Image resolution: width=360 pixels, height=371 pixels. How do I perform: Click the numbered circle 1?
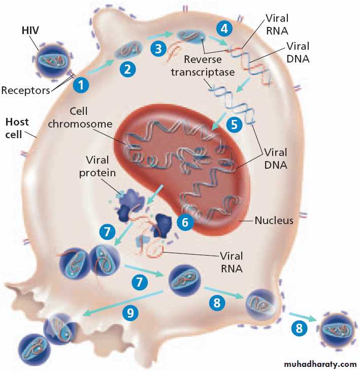(81, 84)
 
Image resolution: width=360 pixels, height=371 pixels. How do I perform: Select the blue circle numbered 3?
(159, 49)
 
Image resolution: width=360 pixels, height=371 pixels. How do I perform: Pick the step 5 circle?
(235, 125)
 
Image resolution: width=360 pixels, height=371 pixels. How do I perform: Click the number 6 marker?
(185, 222)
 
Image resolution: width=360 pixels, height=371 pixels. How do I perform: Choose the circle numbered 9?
(131, 313)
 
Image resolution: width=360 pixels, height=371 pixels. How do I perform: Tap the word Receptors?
(26, 90)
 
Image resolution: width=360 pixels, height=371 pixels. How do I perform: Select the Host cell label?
(17, 129)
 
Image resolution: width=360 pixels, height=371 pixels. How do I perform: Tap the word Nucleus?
(274, 221)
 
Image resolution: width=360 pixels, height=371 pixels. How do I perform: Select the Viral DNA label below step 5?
(275, 159)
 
